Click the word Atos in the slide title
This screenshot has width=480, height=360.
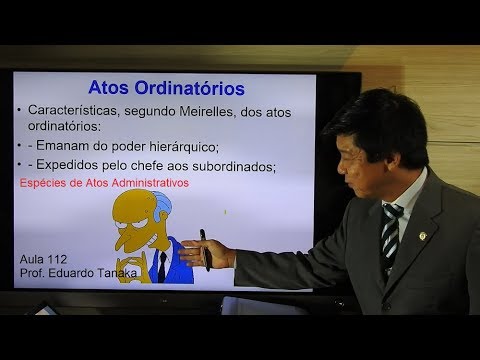110,89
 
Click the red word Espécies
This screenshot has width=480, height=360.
45,184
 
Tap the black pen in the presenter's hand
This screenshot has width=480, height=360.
205,249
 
